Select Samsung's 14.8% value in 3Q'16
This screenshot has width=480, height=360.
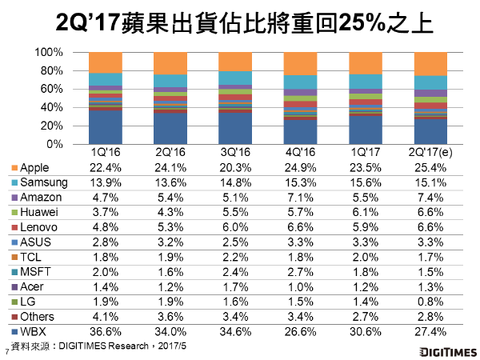pyautogui.click(x=235, y=182)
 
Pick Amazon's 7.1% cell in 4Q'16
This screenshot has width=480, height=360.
pyautogui.click(x=300, y=198)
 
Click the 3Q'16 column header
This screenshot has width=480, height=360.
pyautogui.click(x=235, y=151)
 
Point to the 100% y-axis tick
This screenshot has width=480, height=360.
pyautogui.click(x=49, y=52)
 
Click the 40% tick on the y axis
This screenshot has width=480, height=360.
pyautogui.click(x=52, y=107)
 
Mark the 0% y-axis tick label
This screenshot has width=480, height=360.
pyautogui.click(x=55, y=144)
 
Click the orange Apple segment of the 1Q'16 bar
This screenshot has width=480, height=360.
pyautogui.click(x=106, y=62)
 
